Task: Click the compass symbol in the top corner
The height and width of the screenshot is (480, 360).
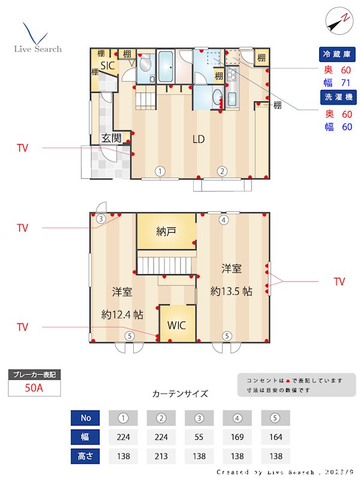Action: [x=338, y=21]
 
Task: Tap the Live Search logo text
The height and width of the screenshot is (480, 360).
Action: [x=38, y=49]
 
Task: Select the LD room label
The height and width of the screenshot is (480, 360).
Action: [x=199, y=140]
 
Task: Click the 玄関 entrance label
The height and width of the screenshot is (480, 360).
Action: [x=111, y=138]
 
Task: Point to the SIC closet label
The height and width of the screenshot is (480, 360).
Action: [x=107, y=65]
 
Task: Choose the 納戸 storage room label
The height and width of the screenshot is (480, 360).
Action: [x=166, y=231]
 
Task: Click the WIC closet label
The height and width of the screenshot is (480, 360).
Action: [x=176, y=326]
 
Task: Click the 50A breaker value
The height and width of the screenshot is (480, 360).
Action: [x=34, y=388]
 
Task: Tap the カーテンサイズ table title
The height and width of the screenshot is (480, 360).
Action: [x=180, y=394]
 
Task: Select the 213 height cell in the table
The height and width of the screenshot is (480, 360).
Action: [x=161, y=455]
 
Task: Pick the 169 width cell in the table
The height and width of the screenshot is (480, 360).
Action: [x=238, y=436]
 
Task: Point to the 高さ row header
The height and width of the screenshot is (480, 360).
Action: [x=85, y=455]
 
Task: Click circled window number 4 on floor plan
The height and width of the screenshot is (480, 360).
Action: [x=223, y=220]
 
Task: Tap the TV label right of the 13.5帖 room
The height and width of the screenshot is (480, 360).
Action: [x=339, y=281]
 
